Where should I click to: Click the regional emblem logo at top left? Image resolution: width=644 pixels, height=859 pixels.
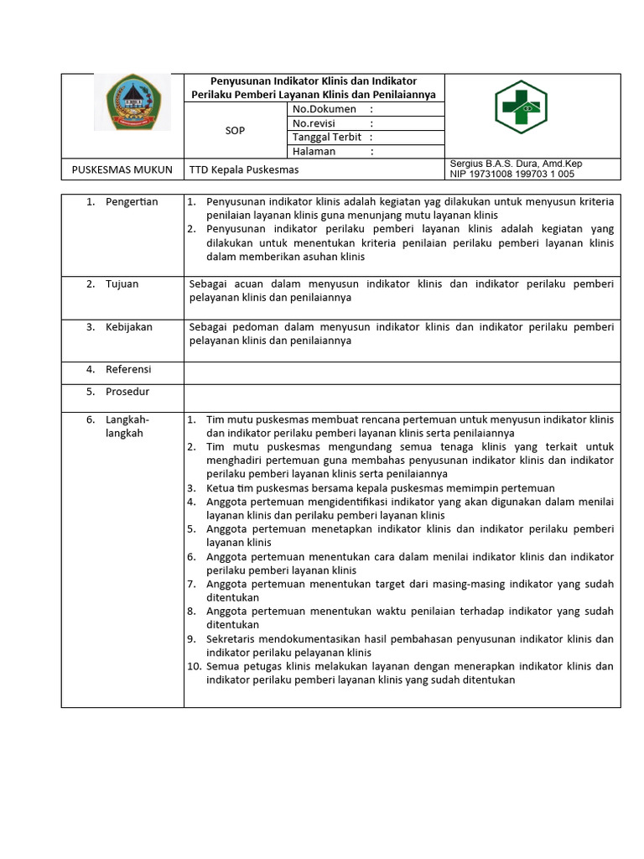pyautogui.click(x=132, y=102)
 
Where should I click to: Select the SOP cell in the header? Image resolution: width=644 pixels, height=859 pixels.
pyautogui.click(x=236, y=131)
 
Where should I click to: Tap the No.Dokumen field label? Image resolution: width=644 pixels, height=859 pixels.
pyautogui.click(x=324, y=109)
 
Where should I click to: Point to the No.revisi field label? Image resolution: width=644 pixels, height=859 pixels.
pyautogui.click(x=315, y=123)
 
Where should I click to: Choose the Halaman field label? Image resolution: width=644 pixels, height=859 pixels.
pyautogui.click(x=314, y=151)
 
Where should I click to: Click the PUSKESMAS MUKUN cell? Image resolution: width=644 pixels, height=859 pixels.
pyautogui.click(x=122, y=169)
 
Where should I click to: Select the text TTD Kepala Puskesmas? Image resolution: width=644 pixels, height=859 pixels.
pyautogui.click(x=244, y=169)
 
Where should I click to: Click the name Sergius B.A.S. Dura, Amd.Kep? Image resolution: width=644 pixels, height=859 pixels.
pyautogui.click(x=516, y=164)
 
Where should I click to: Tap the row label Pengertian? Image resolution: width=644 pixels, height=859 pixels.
pyautogui.click(x=131, y=202)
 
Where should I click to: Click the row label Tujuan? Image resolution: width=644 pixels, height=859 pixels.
pyautogui.click(x=122, y=284)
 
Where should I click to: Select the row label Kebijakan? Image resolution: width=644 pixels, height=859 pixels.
pyautogui.click(x=128, y=327)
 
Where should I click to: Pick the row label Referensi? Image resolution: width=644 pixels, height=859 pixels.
pyautogui.click(x=128, y=369)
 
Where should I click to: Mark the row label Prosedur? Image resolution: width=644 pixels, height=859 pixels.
pyautogui.click(x=127, y=392)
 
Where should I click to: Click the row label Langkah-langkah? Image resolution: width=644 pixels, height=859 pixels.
pyautogui.click(x=125, y=426)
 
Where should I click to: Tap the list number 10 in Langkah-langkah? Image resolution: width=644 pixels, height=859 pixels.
pyautogui.click(x=193, y=667)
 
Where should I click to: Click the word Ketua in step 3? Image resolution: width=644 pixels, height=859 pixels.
pyautogui.click(x=221, y=488)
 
